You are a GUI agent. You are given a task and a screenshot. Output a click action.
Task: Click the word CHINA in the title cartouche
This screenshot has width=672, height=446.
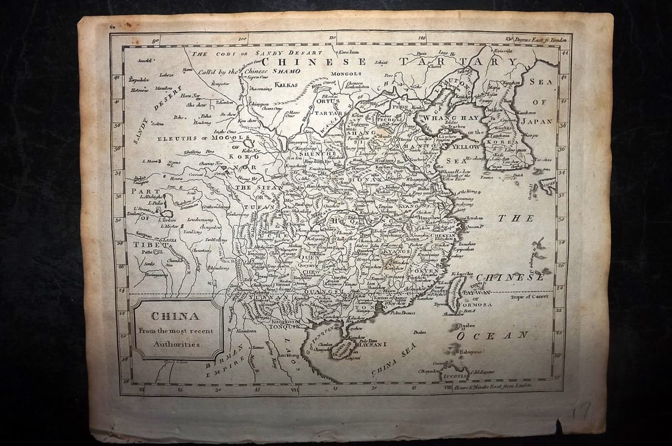[x=167, y=316]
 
